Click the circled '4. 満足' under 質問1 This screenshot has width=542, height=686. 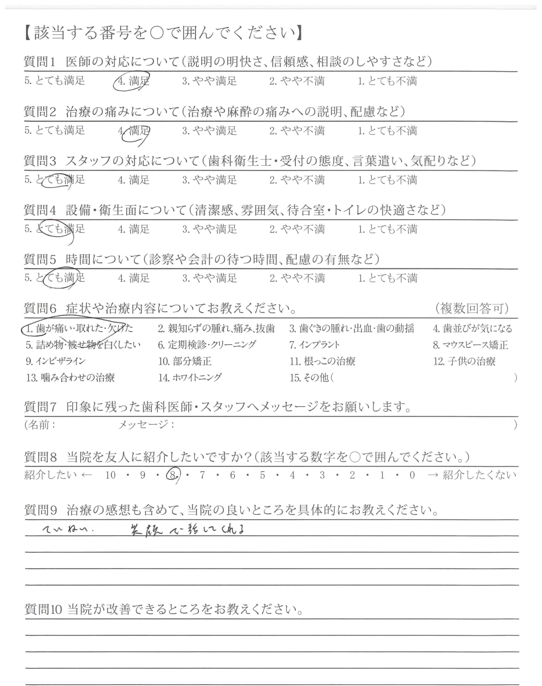coord(134,81)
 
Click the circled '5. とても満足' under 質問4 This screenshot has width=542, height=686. coord(55,229)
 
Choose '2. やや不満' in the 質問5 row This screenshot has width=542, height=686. coord(297,278)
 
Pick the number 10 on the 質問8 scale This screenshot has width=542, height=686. coord(110,475)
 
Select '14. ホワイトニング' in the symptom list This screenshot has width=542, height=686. coord(190,378)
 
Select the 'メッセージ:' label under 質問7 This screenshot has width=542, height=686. coord(146,425)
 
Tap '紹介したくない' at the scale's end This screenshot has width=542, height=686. coord(479,475)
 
